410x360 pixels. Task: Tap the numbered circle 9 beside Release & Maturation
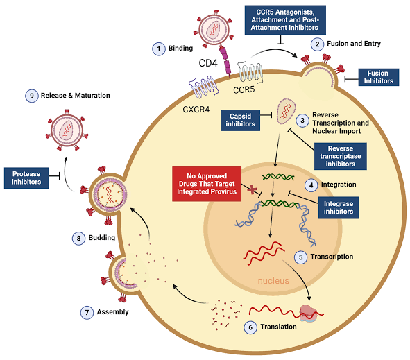[x=32, y=96]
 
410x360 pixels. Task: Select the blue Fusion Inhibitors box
[x=378, y=76]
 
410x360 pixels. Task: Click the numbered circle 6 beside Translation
[x=251, y=327]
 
